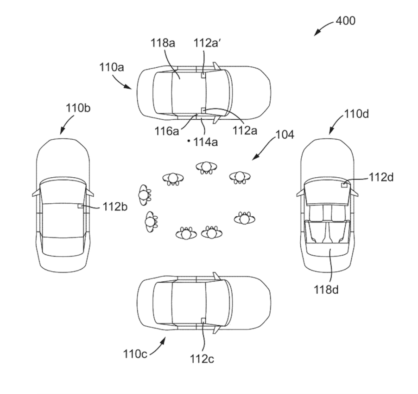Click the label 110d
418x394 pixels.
pyautogui.click(x=356, y=114)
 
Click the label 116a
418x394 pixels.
pyautogui.click(x=169, y=132)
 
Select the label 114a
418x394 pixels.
pyautogui.click(x=206, y=142)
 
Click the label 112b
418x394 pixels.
pyautogui.click(x=113, y=208)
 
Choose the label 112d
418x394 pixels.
pyautogui.click(x=381, y=177)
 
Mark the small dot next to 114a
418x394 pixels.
pyautogui.click(x=189, y=140)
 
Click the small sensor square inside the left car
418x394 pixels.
pyautogui.click(x=81, y=206)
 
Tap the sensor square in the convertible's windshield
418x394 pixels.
pyautogui.click(x=344, y=185)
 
